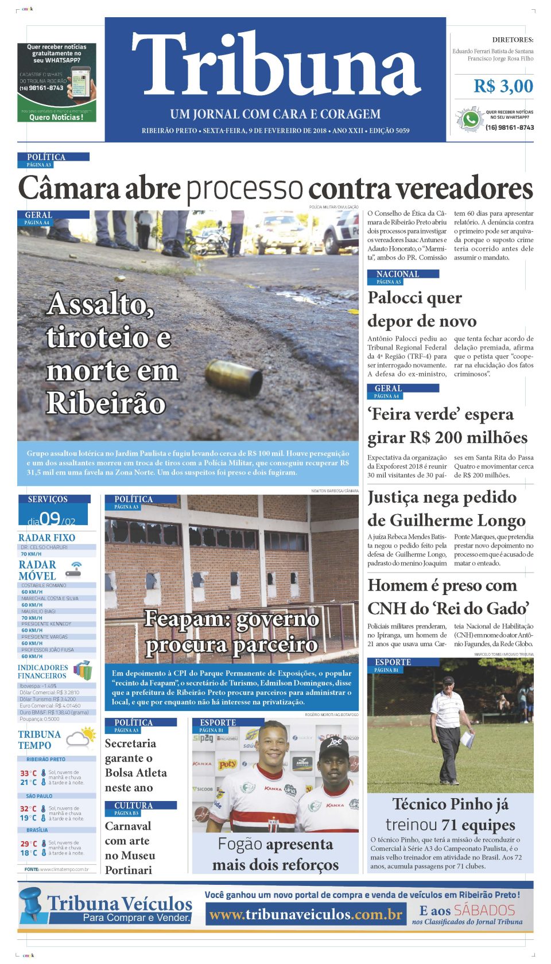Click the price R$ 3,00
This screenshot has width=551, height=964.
[x=503, y=86]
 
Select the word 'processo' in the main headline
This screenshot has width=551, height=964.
[x=245, y=188]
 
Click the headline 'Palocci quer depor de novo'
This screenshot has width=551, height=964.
[x=422, y=309]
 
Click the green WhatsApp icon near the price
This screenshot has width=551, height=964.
[x=471, y=119]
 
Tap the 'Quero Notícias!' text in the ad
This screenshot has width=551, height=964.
[x=56, y=117]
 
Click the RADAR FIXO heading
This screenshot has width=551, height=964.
[x=46, y=538]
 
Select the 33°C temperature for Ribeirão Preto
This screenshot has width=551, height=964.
[x=29, y=773]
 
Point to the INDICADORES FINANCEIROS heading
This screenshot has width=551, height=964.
[x=42, y=671]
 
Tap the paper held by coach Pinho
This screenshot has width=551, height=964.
[x=468, y=738]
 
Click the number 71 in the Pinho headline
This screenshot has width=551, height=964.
[x=449, y=825]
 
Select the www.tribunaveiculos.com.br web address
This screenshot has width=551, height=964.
[x=305, y=914]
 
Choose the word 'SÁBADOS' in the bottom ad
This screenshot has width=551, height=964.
[x=484, y=910]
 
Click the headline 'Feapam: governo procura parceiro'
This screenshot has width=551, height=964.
[x=231, y=632]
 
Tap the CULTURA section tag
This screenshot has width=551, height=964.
[x=133, y=806]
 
